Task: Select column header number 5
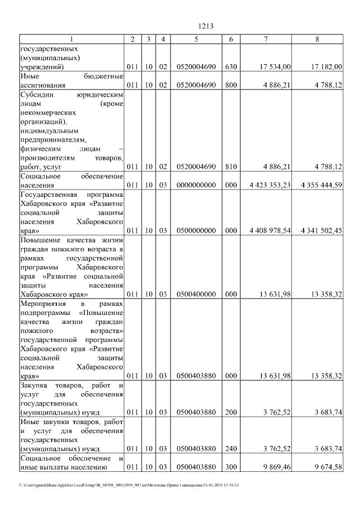coord(196,39)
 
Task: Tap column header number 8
coord(317,39)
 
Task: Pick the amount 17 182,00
coord(326,67)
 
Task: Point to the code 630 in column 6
coord(231,67)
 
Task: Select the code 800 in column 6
coord(231,85)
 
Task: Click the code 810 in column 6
coord(231,167)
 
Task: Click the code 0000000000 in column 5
coord(196,185)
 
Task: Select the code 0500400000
coord(196,294)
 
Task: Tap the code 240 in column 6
coord(231,448)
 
